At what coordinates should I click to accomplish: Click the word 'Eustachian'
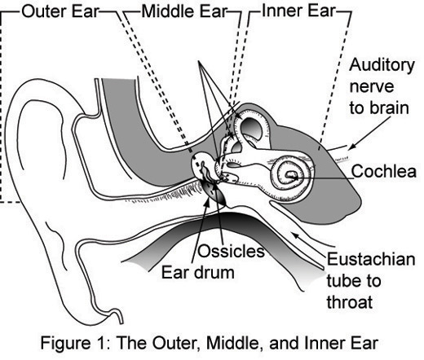[x=371, y=261]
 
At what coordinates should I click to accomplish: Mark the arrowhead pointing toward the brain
[x=352, y=147]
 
